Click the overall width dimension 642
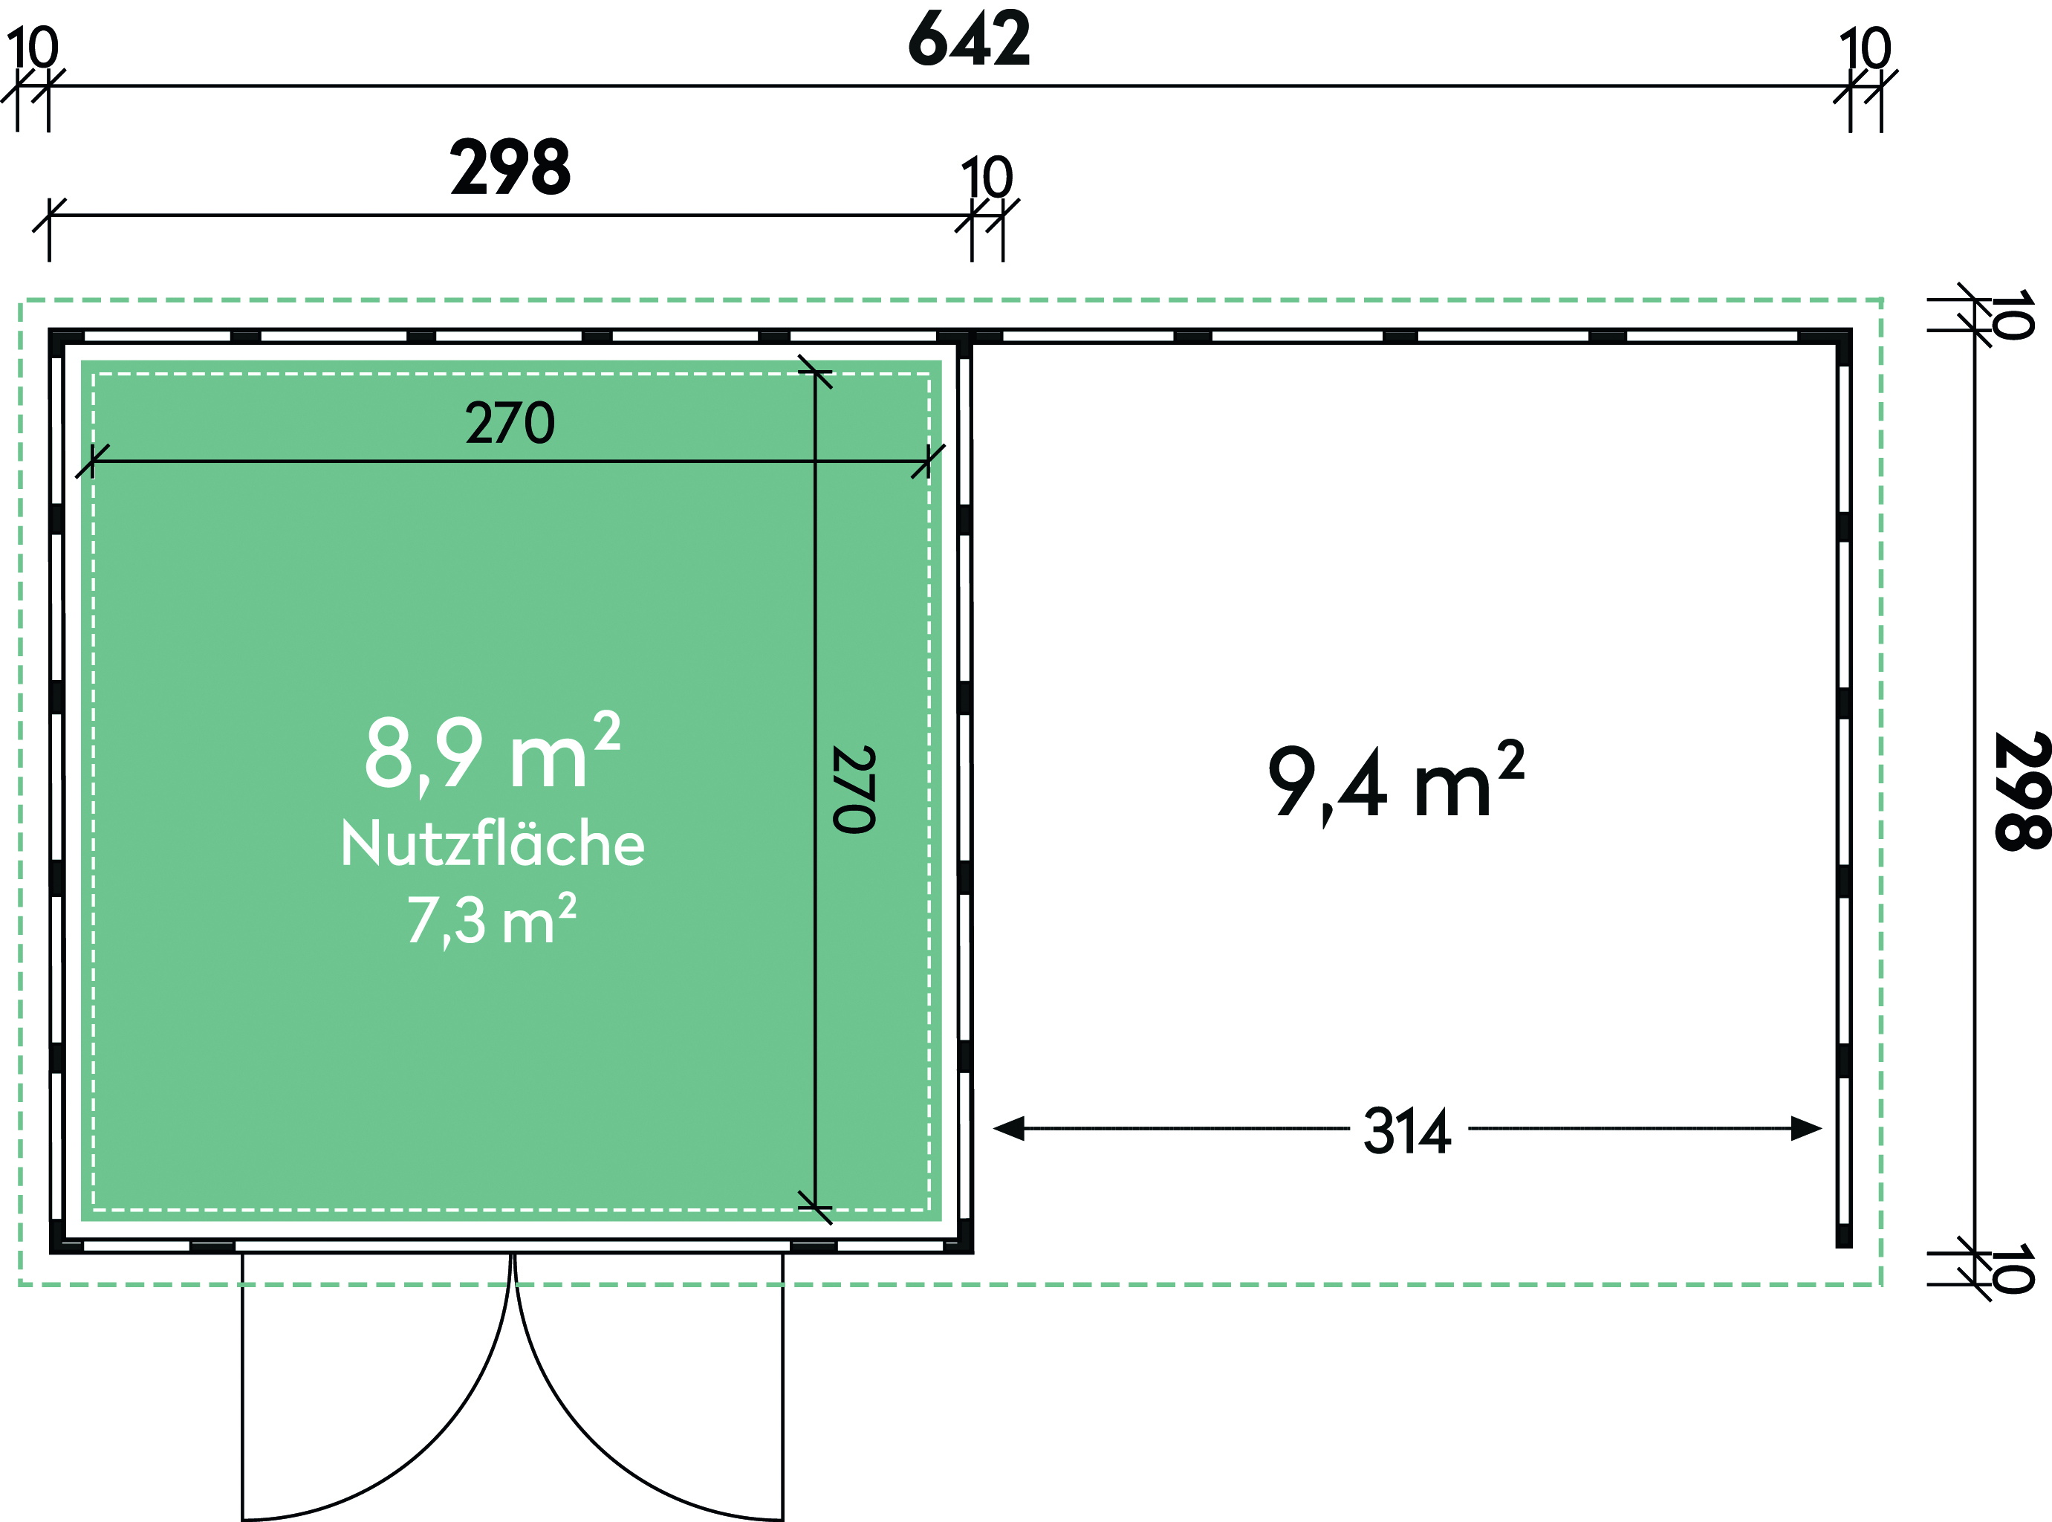[x=969, y=39]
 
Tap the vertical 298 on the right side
[x=2022, y=791]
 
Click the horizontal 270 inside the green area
[x=510, y=423]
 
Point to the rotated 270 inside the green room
[x=854, y=789]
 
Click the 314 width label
[x=1407, y=1131]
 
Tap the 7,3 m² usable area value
[x=492, y=919]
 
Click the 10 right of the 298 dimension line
[x=987, y=177]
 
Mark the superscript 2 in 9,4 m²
[x=1511, y=761]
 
